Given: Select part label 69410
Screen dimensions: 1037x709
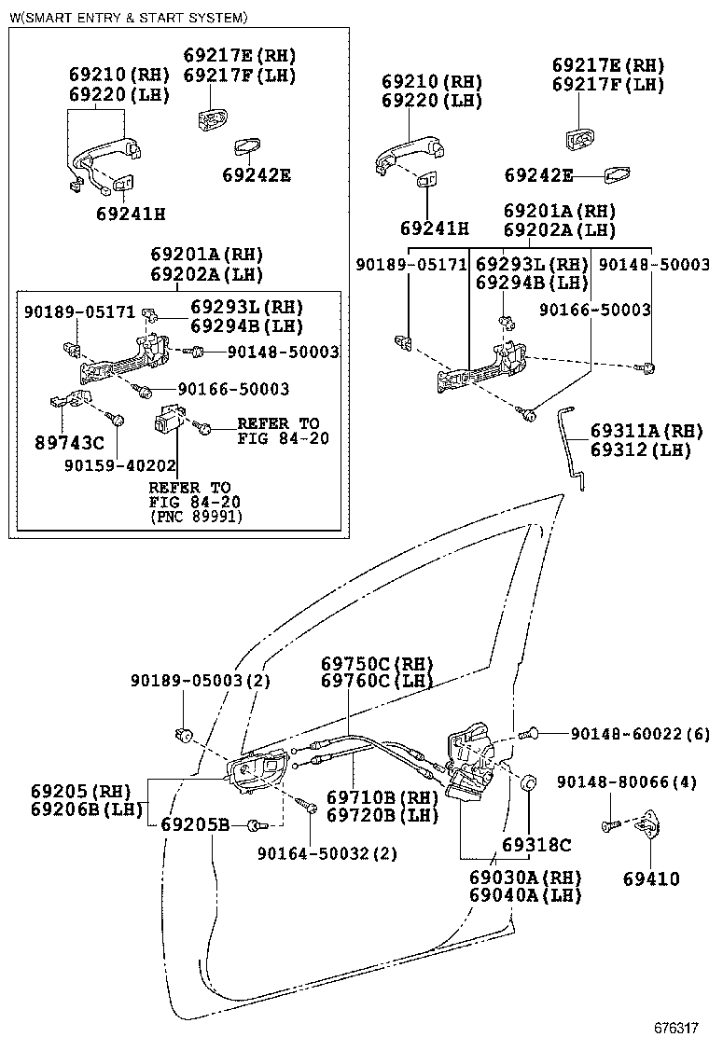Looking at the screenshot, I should coord(652,878).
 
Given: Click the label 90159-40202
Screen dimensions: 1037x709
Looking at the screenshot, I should coord(109,463).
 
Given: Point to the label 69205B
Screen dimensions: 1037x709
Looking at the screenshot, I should coord(194,824).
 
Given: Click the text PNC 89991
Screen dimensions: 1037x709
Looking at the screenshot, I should coord(194,516).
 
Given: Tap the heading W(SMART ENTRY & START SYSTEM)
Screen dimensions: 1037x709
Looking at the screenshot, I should coord(129,18).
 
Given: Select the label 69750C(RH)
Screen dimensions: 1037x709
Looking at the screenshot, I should coord(378,664).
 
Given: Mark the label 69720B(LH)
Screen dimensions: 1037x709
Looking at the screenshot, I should coord(382,814).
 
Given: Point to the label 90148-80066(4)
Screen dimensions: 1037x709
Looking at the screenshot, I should coord(627,781).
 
